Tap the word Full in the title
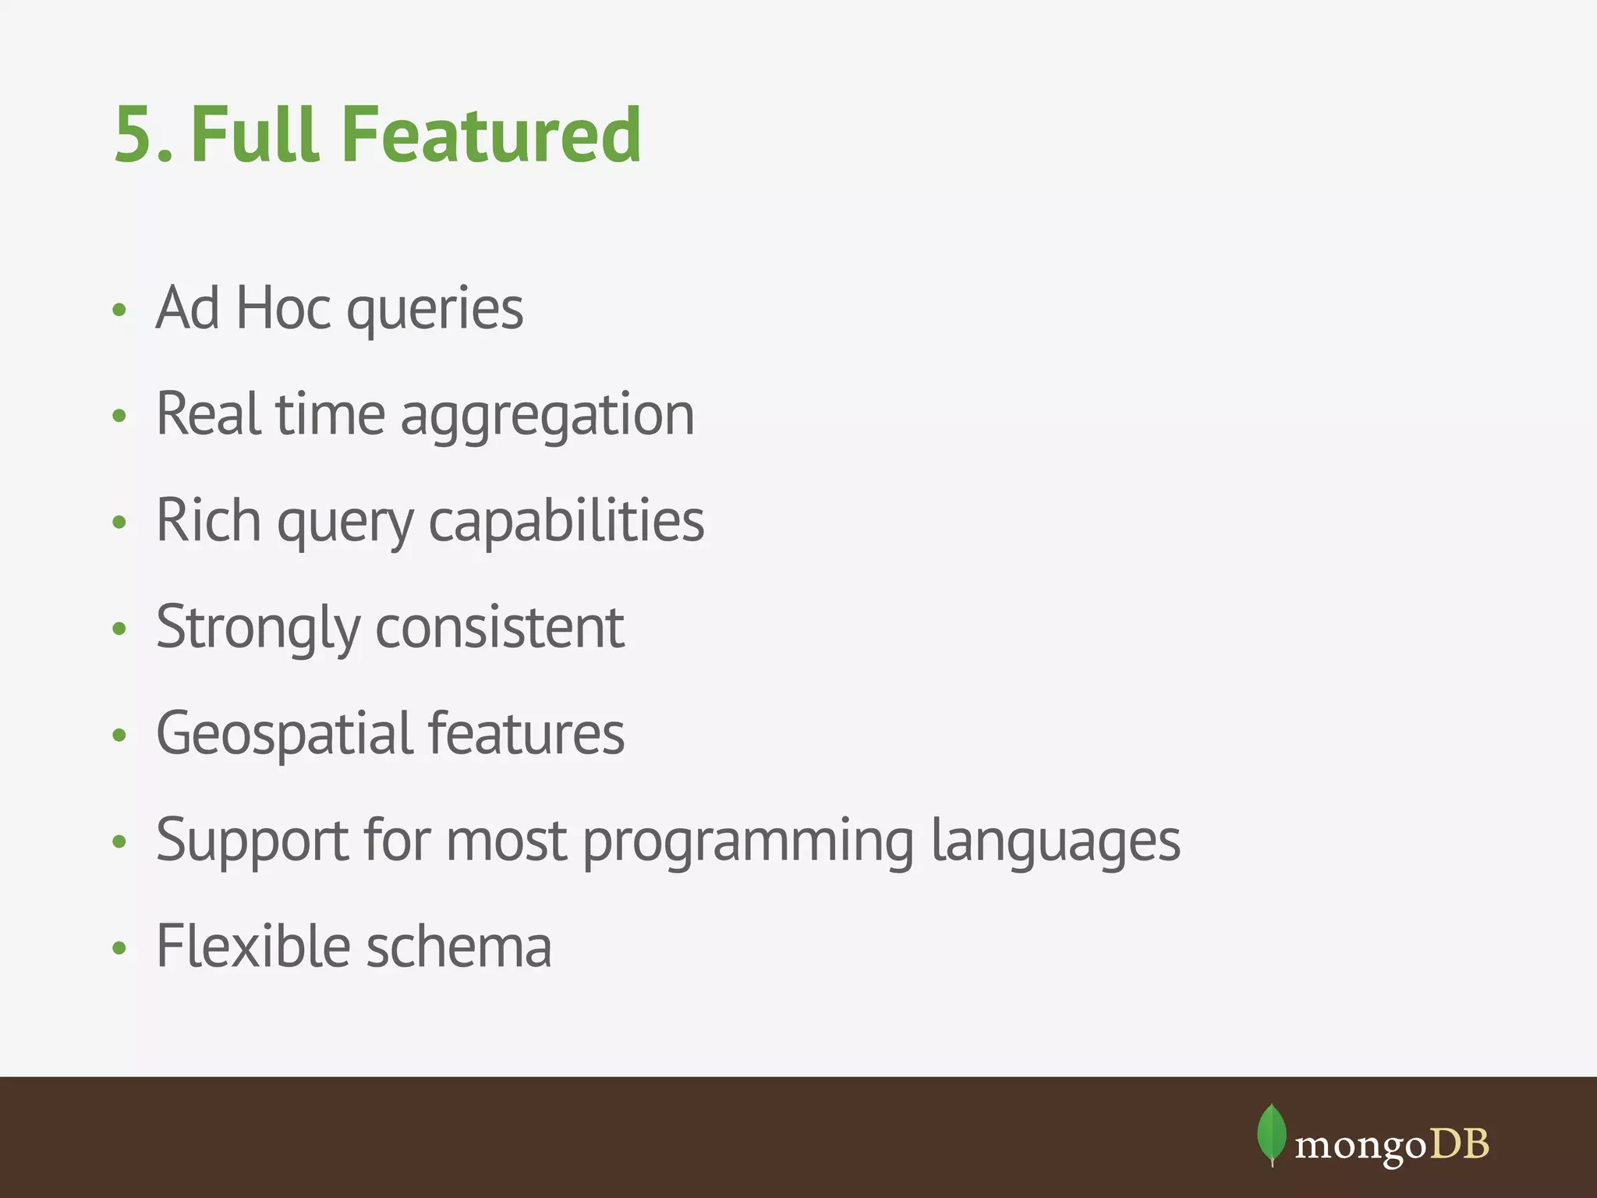point(255,135)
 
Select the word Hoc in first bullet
point(282,308)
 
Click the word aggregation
point(547,416)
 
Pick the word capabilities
point(566,521)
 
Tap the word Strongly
point(258,628)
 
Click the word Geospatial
point(285,735)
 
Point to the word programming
point(748,842)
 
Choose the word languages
point(1056,842)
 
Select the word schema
point(459,946)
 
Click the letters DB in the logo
point(1459,1144)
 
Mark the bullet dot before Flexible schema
point(119,948)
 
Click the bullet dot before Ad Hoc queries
point(119,310)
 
